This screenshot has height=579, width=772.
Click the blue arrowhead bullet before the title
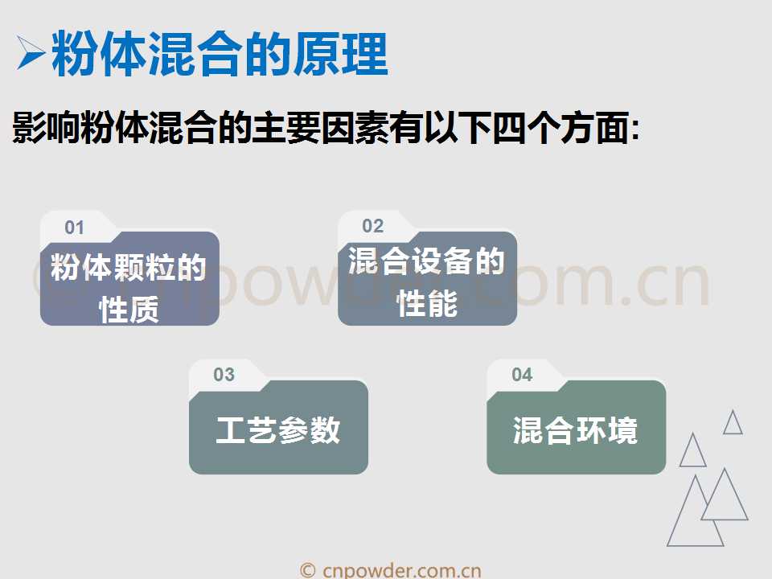click(31, 52)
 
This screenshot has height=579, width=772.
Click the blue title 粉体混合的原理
click(220, 54)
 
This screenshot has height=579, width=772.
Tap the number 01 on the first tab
click(74, 228)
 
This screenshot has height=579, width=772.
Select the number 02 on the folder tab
click(372, 226)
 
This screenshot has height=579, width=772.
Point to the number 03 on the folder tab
click(224, 375)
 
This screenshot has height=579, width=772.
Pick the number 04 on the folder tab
click(522, 375)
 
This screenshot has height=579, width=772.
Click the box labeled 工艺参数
click(279, 427)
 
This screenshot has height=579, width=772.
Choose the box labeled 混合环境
click(577, 427)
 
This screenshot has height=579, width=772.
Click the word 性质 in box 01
click(129, 310)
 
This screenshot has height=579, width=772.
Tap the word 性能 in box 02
click(427, 303)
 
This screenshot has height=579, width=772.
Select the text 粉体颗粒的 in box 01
click(129, 267)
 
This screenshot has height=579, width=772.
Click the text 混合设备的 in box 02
click(426, 261)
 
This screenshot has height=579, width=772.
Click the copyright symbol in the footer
click(308, 571)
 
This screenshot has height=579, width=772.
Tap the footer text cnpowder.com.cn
click(402, 571)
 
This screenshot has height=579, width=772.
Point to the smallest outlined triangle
click(733, 422)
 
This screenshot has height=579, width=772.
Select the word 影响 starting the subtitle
click(45, 128)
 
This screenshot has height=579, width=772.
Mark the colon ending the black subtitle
click(635, 129)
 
